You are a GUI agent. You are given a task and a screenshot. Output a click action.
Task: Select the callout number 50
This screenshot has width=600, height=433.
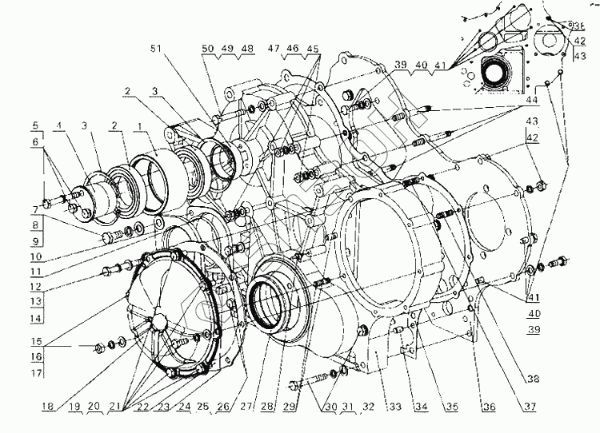pos(207,48)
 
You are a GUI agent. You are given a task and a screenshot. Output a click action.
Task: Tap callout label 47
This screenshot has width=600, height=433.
pos(273,48)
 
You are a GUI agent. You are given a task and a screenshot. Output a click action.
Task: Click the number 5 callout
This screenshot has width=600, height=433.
pos(35,125)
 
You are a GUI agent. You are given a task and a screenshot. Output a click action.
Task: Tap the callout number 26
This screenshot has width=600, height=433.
pos(223,407)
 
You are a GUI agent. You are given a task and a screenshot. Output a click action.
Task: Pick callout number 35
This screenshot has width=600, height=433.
pos(453,407)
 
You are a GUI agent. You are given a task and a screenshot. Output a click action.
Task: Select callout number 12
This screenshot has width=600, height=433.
pos(35,287)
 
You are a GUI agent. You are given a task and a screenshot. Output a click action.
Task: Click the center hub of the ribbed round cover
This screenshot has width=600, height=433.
pos(157,320)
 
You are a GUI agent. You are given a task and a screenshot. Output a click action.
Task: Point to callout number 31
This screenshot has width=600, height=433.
pos(346,407)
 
